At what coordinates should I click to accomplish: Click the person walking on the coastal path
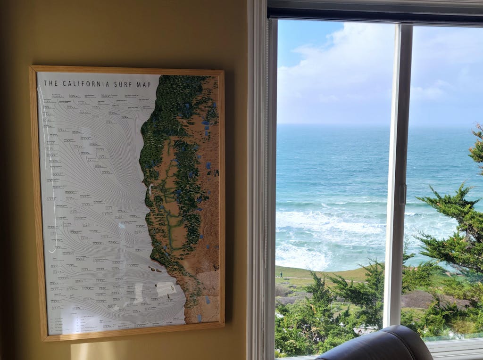282,274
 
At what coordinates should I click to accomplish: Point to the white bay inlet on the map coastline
150,190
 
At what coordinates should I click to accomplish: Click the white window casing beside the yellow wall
257,179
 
